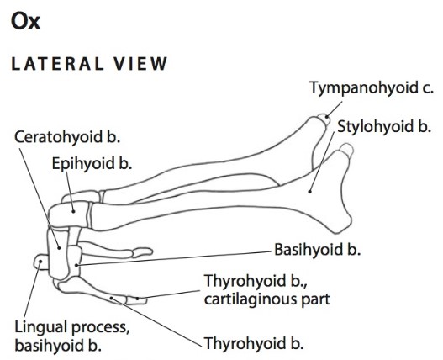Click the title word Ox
click(25, 22)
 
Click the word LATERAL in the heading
click(57, 64)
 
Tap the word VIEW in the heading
click(140, 64)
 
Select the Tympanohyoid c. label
click(372, 87)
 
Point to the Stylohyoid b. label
click(384, 126)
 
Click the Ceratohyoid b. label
click(67, 137)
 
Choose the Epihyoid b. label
click(92, 163)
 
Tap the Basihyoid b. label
click(318, 250)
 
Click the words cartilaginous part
click(267, 299)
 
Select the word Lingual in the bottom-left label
click(41, 327)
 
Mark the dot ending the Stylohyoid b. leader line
click(309, 192)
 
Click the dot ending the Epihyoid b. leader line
click(73, 211)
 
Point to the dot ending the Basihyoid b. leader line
click(76, 265)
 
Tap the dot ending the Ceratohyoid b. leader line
click(59, 248)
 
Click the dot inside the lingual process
click(40, 262)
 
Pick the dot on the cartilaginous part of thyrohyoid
click(137, 299)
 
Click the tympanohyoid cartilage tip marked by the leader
click(324, 119)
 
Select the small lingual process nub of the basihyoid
click(41, 262)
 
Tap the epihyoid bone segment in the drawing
click(69, 214)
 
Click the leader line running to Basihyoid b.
click(173, 258)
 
